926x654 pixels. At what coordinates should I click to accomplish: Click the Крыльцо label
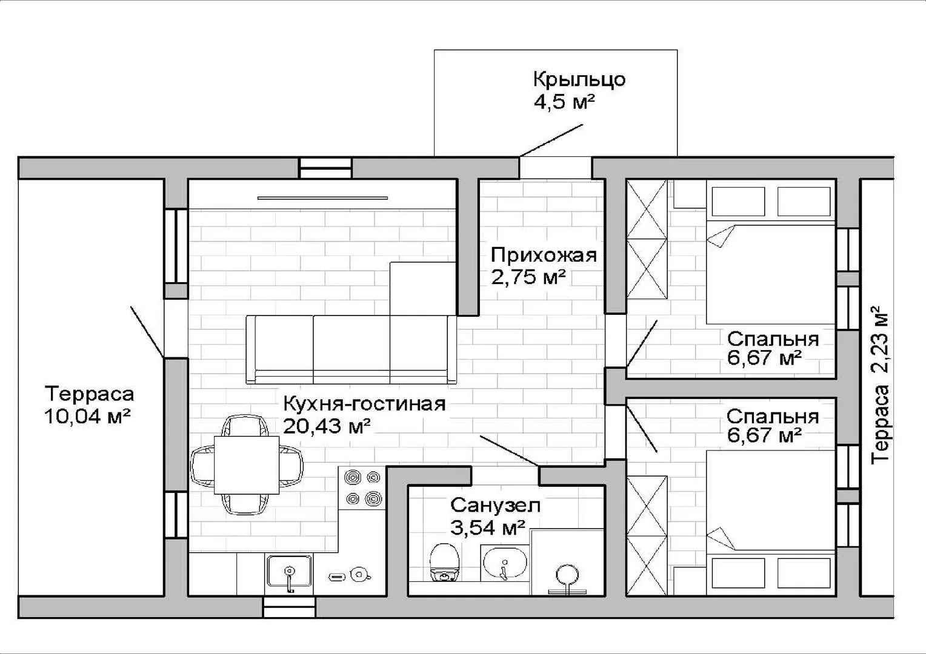pos(579,79)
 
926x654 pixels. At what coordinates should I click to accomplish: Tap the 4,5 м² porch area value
pos(564,102)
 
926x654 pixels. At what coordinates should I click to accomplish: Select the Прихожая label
pos(544,255)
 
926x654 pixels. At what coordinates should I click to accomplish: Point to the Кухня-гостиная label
pos(365,404)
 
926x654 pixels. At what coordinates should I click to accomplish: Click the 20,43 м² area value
pos(327,426)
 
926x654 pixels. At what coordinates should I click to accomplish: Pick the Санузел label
pos(495,505)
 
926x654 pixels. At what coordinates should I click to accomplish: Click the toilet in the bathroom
pos(444,563)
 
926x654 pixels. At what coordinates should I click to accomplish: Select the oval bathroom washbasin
pos(505,563)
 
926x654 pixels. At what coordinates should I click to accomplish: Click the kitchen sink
pos(289,570)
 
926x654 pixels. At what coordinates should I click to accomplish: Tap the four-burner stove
pos(362,488)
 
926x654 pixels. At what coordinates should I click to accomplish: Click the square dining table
pos(247,465)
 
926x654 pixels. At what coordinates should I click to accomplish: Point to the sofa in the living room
pos(351,349)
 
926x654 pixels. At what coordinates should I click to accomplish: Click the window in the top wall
pos(325,168)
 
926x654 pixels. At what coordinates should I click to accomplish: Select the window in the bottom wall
pos(289,607)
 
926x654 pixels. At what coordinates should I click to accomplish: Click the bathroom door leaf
pos(509,451)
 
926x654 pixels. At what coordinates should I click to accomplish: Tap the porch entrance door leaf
pos(551,140)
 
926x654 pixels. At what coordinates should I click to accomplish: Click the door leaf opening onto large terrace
pos(147,332)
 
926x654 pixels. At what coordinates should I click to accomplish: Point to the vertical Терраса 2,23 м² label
pos(880,385)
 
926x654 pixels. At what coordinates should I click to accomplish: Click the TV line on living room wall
pos(322,198)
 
